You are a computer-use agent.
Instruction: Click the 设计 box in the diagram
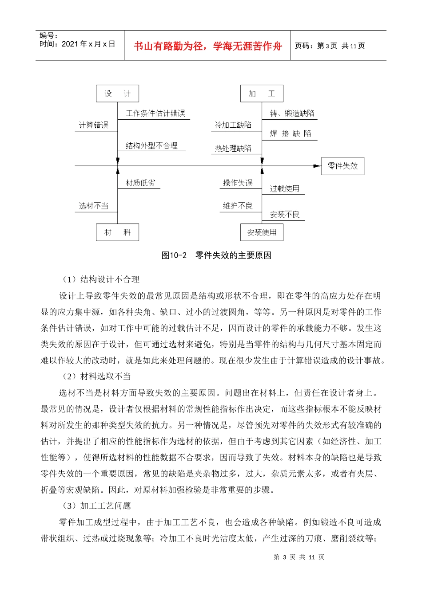coord(117,94)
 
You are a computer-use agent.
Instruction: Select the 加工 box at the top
coord(262,94)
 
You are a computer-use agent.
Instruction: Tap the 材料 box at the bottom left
coord(117,232)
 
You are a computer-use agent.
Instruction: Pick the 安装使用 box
coord(262,232)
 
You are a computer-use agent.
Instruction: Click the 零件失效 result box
coord(342,166)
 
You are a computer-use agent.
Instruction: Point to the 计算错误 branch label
coord(94,125)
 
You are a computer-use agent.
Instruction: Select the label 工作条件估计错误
coord(155,114)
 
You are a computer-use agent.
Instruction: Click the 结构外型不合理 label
coord(151,146)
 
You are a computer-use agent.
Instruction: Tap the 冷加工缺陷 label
coord(233,125)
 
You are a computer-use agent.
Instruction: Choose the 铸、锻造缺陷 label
coord(292,114)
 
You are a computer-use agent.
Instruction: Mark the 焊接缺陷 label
coord(291,133)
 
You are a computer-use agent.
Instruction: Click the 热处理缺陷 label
coord(233,148)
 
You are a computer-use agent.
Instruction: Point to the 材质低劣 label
coord(140,183)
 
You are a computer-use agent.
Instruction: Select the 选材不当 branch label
coord(94,206)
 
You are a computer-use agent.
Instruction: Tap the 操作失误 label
coord(238,183)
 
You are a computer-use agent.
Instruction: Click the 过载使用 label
coord(285,189)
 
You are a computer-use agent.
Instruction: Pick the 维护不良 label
coord(238,206)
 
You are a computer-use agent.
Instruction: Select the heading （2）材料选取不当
coord(96,376)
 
